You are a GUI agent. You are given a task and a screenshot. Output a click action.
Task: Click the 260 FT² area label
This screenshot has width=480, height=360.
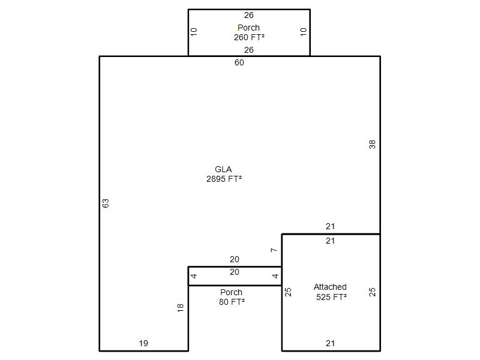pos(249,37)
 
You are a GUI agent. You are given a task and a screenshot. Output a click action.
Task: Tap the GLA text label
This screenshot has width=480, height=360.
pos(223,169)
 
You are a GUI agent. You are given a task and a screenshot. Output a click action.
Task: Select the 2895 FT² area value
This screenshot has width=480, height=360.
pos(224,179)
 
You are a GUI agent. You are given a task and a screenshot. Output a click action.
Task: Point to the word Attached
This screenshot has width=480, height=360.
pos(330,287)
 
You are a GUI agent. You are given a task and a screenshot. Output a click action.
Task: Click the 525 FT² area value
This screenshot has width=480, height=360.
pos(332,297)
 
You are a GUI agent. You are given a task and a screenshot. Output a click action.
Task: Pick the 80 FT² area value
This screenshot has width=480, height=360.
pos(232,302)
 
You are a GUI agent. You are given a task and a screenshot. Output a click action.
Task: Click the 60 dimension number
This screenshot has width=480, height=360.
pos(239,62)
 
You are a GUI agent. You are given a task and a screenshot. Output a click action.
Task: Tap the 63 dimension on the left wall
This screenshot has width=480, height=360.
pos(106,203)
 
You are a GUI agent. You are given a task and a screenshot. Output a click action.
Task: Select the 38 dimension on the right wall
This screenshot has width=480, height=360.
pos(372,145)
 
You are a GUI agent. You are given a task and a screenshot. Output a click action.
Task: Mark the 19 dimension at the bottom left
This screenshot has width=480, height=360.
pos(143,343)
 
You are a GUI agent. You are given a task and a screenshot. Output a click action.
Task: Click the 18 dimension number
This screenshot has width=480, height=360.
pos(181,308)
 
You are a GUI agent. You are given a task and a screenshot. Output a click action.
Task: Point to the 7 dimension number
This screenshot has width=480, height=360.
pos(274,250)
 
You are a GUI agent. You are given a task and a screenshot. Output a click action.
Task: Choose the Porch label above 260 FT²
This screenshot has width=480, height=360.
pos(248,28)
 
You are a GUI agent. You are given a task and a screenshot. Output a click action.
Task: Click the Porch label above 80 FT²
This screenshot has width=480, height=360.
pos(231,292)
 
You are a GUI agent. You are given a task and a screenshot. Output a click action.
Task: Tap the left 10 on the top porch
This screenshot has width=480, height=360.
pos(194,32)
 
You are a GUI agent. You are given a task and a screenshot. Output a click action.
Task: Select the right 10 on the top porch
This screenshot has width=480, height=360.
pos(304,32)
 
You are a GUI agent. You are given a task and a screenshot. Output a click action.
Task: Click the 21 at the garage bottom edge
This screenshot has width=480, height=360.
pos(330,343)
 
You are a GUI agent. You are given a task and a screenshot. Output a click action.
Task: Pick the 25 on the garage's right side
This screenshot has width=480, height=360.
pos(372,292)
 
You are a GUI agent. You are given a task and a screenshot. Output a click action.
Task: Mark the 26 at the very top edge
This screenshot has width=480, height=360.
pos(249,15)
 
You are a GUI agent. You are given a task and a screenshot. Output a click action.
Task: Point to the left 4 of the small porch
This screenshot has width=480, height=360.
pos(194,276)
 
